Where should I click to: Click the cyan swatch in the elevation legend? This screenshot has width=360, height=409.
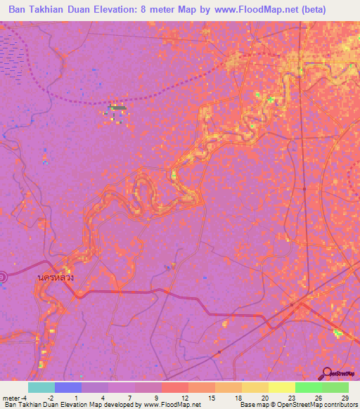tap(41, 387)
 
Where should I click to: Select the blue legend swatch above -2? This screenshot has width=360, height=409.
tap(68, 387)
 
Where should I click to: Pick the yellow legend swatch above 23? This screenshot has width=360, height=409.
tap(281, 387)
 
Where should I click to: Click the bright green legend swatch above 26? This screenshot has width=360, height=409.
tap(308, 387)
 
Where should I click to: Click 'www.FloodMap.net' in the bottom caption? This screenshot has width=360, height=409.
tap(171, 405)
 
